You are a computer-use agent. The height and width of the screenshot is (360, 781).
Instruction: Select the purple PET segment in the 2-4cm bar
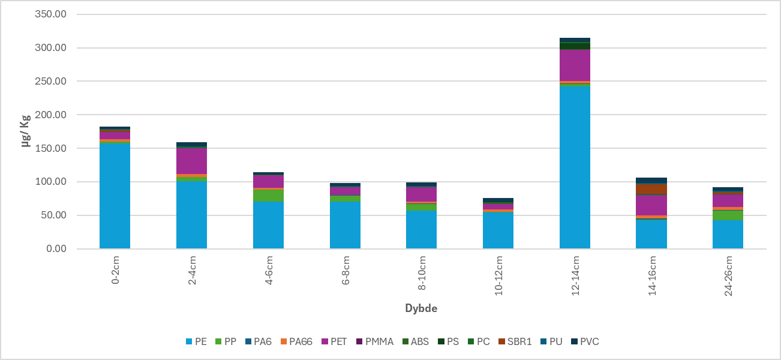[191, 161]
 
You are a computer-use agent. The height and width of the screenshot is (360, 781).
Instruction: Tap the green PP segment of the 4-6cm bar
[268, 195]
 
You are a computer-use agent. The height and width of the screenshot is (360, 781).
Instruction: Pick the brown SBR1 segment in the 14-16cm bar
[651, 189]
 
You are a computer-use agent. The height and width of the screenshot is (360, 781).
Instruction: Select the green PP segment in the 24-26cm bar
[728, 215]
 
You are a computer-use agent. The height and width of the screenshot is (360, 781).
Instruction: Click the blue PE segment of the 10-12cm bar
[498, 230]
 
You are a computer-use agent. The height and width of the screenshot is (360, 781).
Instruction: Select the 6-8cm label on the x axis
[346, 270]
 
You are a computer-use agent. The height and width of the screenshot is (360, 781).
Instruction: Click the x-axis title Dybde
[421, 308]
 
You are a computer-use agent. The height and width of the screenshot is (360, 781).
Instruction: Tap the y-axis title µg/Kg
[26, 131]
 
